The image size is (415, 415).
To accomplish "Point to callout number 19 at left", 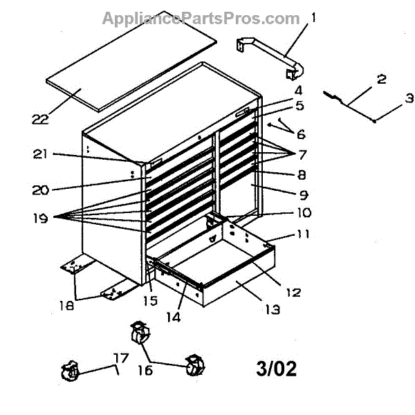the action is pos(39,218).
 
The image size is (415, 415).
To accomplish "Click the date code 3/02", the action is pos(276,368).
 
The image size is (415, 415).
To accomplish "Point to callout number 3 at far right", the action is pos(409,98).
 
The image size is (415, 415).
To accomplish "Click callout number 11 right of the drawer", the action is pos(303,234).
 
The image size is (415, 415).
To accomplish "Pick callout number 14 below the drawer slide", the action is pos(176,317).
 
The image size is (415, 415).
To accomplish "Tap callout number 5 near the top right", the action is pos(299,106).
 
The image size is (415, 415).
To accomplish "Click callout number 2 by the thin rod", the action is pos(381,80).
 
